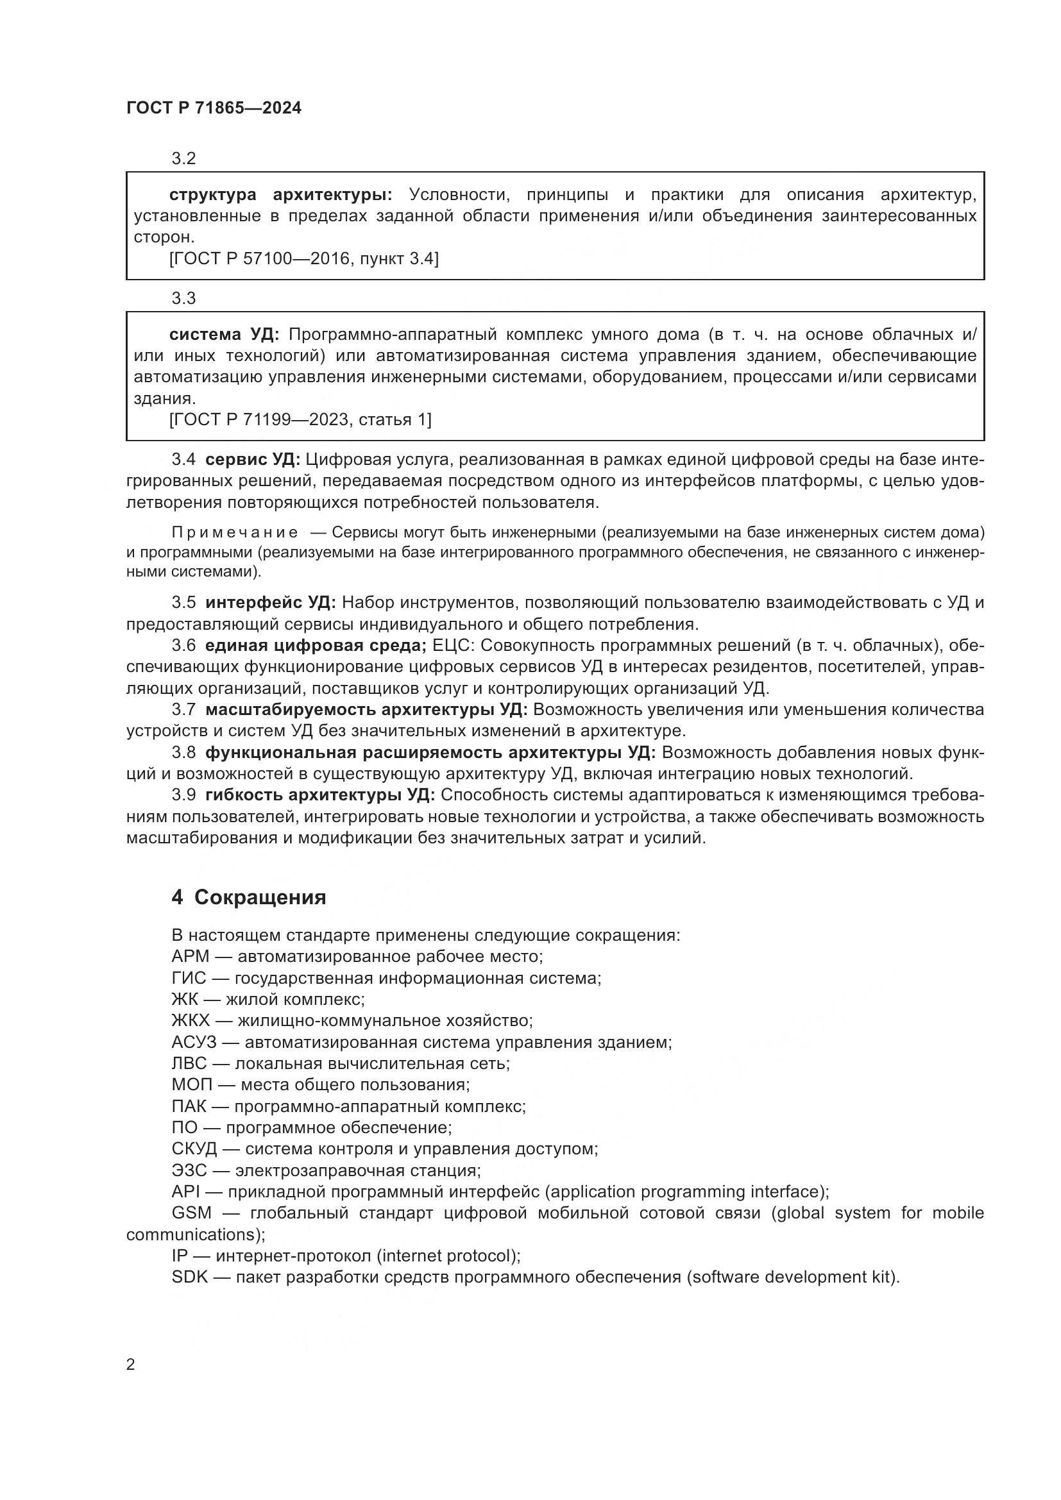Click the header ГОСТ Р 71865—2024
pos(214,108)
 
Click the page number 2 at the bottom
pos(131,1365)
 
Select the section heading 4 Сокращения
pos(248,897)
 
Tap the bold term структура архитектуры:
pos(280,195)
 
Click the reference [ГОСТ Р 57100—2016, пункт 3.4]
pos(304,258)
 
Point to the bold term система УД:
pos(223,335)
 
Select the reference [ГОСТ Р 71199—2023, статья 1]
pos(300,419)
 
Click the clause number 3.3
pos(183,299)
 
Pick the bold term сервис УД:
pos(252,459)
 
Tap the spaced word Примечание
pos(235,532)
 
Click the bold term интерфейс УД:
pos(270,602)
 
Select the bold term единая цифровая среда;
pos(316,646)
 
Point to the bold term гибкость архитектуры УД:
pos(319,795)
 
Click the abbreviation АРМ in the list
pos(190,956)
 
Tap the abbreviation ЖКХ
pos(191,1020)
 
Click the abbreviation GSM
pos(191,1213)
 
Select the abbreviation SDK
pos(189,1277)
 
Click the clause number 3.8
pos(183,753)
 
